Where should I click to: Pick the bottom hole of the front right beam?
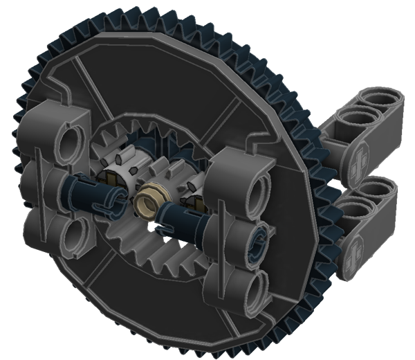(x=257, y=285)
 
